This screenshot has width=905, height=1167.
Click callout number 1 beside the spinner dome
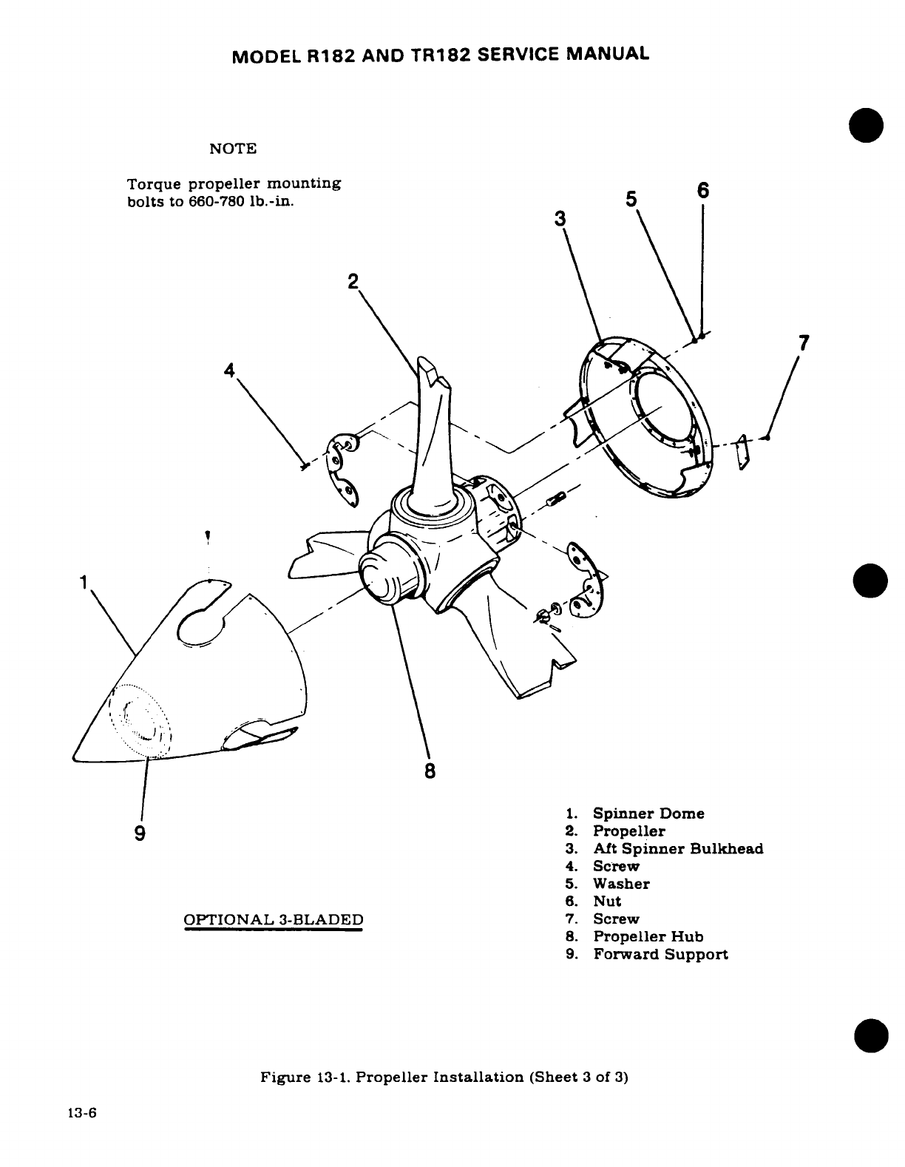(x=85, y=581)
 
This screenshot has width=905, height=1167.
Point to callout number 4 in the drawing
(x=230, y=369)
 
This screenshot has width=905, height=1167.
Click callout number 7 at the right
(x=804, y=344)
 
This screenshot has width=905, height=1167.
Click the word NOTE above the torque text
(x=234, y=149)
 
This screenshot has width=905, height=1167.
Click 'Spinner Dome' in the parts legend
(x=648, y=813)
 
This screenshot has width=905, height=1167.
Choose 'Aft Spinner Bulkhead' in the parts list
(x=677, y=848)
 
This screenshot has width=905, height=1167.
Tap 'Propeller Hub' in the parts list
(x=648, y=936)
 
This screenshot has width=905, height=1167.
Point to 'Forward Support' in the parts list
(x=660, y=954)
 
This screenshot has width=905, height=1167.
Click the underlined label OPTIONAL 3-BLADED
(x=274, y=920)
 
